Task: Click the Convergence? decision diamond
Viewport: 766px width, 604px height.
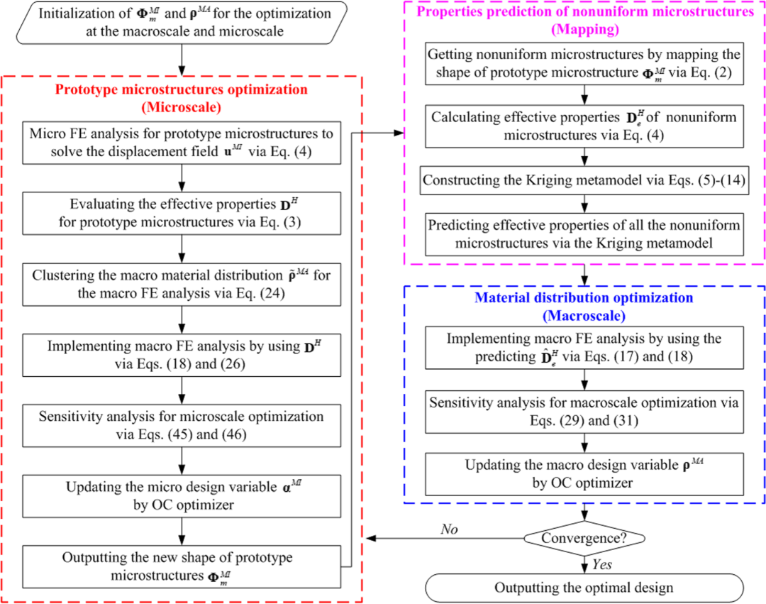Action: tap(584, 539)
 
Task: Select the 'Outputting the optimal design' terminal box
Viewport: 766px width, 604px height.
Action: tap(584, 587)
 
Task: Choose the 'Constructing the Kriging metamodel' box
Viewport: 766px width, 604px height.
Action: tap(584, 180)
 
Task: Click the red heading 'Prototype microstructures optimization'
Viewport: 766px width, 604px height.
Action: tap(183, 90)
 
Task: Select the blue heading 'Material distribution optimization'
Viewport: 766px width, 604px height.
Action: tap(584, 299)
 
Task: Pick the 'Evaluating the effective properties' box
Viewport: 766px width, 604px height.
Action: tap(182, 212)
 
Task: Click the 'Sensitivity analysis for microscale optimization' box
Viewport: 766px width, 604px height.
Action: tap(182, 424)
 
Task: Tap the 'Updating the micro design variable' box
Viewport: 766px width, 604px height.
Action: tap(182, 495)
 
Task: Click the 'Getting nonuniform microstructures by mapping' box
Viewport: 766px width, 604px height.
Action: tap(584, 62)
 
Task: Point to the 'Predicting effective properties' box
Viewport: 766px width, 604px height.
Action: tap(584, 233)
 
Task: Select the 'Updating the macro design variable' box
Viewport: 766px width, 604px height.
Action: tap(584, 474)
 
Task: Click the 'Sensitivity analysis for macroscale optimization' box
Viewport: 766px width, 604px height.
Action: tap(584, 412)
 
